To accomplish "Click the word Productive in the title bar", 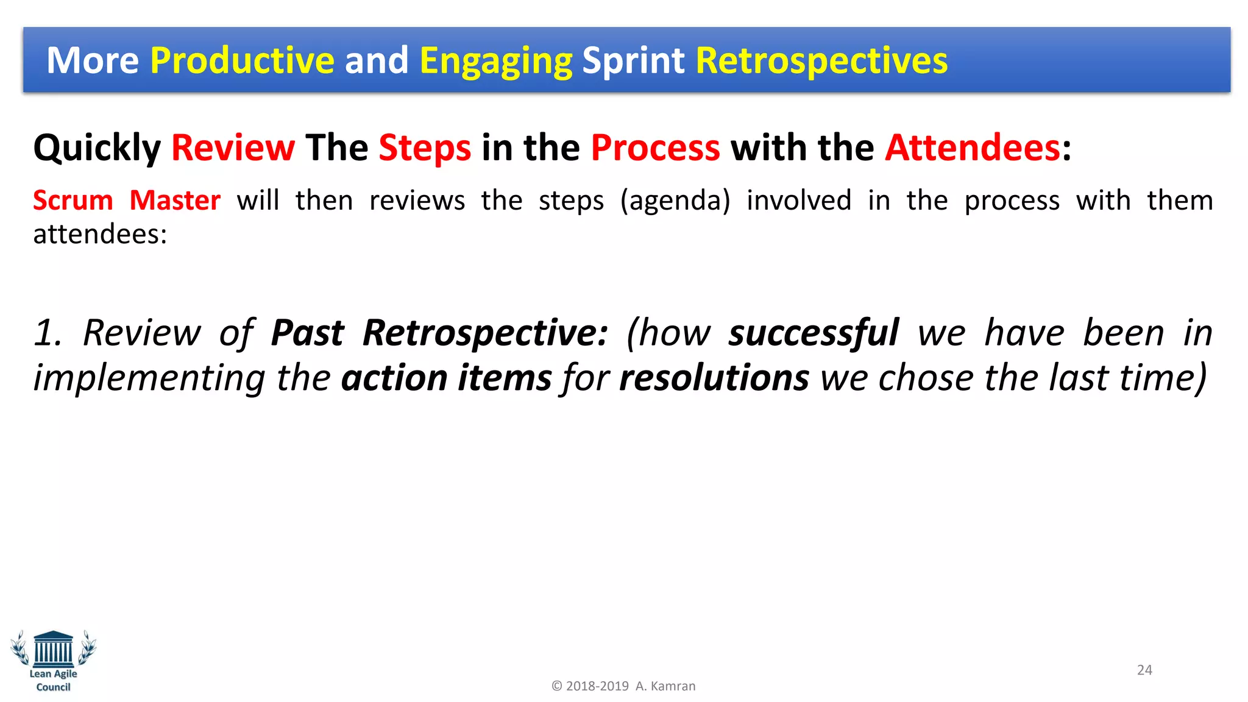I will [242, 60].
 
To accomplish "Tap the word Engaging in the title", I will [495, 62].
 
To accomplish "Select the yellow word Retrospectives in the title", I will [821, 62].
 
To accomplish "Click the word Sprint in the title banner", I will [633, 62].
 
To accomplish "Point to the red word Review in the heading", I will [233, 148].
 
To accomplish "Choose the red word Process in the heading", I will [655, 148].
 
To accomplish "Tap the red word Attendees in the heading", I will [973, 148].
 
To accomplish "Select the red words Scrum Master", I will [127, 200].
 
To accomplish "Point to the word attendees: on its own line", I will [100, 235].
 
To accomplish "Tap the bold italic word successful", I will [814, 333].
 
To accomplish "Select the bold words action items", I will [446, 378].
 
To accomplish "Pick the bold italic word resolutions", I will [714, 378].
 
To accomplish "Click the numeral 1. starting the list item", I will [48, 333].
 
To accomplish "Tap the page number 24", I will [1144, 670].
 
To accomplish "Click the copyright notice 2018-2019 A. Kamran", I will [623, 686].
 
